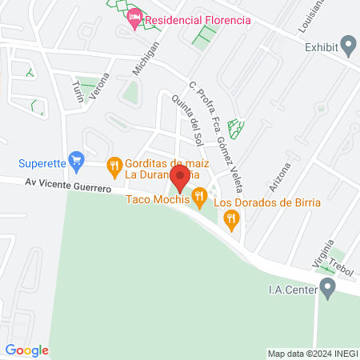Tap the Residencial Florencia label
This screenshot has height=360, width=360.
click(x=197, y=19)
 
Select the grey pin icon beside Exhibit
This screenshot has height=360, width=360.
click(x=348, y=45)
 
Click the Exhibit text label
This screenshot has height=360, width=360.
click(x=322, y=46)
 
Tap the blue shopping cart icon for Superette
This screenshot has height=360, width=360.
click(x=77, y=161)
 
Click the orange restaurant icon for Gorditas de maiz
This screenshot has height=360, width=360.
click(x=114, y=166)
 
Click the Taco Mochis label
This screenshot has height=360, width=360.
click(x=158, y=200)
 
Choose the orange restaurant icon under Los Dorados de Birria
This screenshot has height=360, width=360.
click(x=232, y=219)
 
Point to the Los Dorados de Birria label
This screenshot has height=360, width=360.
click(x=267, y=202)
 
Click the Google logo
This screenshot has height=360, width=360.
click(x=27, y=350)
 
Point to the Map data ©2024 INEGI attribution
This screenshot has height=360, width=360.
click(x=310, y=354)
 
